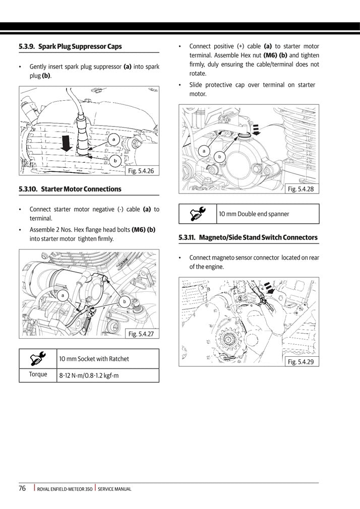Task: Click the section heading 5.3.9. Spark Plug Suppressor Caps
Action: (x=70, y=46)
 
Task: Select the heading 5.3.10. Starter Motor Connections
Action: (x=70, y=189)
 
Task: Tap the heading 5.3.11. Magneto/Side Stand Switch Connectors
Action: (x=249, y=237)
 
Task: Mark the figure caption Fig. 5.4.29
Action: (x=301, y=361)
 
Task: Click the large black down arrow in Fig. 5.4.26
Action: (x=65, y=142)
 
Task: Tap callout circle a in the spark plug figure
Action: (x=114, y=139)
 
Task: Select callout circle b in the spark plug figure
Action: (x=115, y=161)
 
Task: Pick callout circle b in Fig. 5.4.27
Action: (x=124, y=301)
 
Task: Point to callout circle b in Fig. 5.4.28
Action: (x=219, y=157)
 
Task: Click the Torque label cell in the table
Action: (x=38, y=374)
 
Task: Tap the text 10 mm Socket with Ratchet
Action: (x=94, y=359)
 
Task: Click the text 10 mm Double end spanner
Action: (x=254, y=214)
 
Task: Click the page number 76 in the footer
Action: (x=23, y=488)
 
